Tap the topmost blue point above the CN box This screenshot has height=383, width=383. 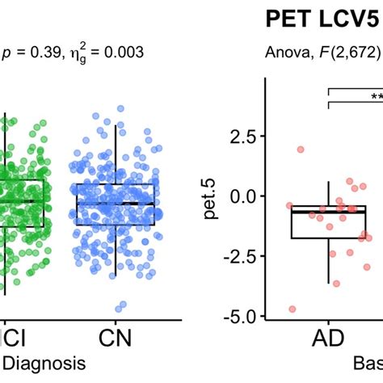120,107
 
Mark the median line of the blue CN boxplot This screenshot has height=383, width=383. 114,203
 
